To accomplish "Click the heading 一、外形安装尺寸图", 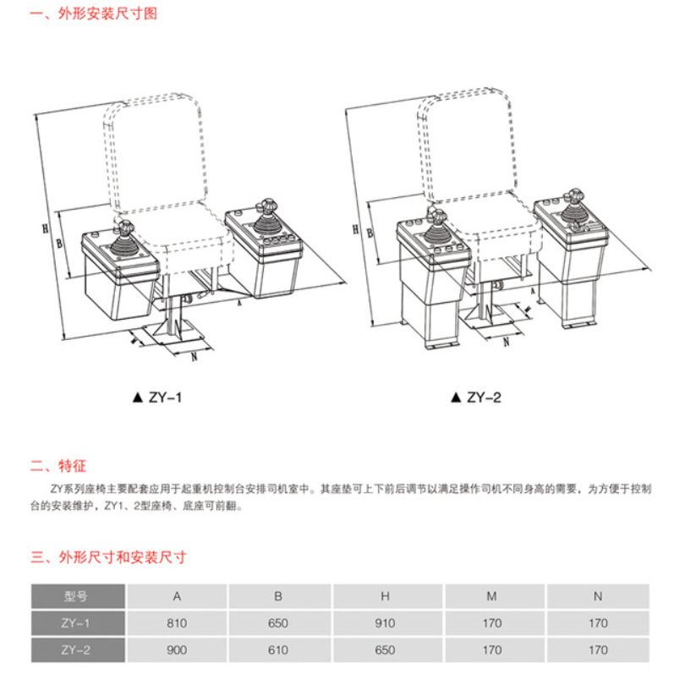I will pyautogui.click(x=94, y=14).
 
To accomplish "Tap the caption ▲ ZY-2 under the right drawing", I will pyautogui.click(x=476, y=396).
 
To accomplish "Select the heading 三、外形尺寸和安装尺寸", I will pyautogui.click(x=108, y=557).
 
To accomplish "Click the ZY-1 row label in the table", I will pyautogui.click(x=76, y=623).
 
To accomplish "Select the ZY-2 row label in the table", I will pyautogui.click(x=76, y=650).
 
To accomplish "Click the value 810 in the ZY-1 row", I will pyautogui.click(x=177, y=623).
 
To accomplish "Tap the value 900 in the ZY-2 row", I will pyautogui.click(x=177, y=650).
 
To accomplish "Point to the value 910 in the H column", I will pyautogui.click(x=385, y=623).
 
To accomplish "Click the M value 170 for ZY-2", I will pyautogui.click(x=491, y=650).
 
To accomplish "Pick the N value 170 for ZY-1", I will pyautogui.click(x=597, y=623).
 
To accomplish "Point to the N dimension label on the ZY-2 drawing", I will pyautogui.click(x=506, y=343).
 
